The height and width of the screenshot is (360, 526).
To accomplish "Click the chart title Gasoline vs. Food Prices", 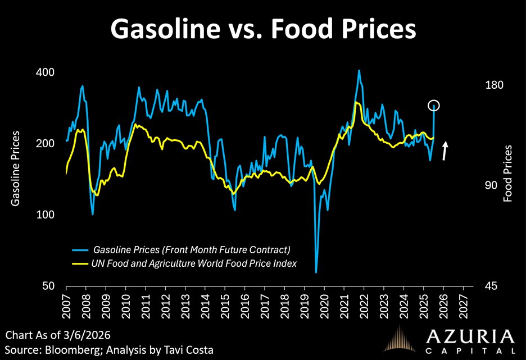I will (262, 29).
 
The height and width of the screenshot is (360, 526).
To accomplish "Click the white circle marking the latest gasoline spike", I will (434, 106).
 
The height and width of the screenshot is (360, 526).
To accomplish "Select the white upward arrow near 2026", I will (445, 151).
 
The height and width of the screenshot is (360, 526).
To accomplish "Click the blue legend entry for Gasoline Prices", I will (185, 249).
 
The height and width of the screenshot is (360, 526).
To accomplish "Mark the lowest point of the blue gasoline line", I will (316, 272).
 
